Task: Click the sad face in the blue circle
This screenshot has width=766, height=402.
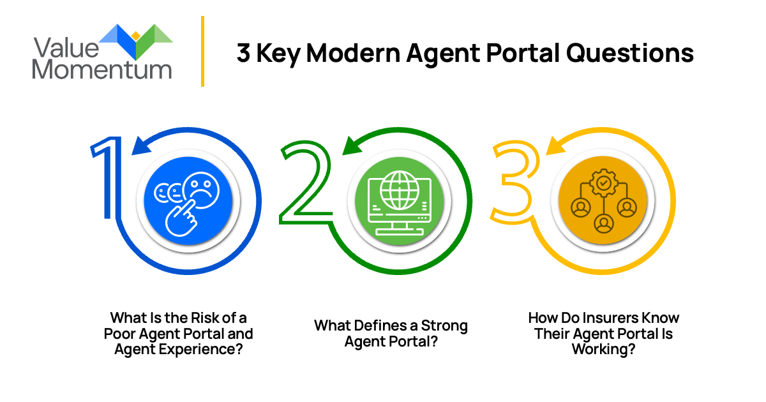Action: pyautogui.click(x=199, y=189)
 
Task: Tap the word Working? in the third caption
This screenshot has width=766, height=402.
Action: pyautogui.click(x=603, y=349)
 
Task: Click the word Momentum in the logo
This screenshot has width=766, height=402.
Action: pyautogui.click(x=102, y=69)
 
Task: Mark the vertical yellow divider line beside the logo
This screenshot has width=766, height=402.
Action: pyautogui.click(x=202, y=51)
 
